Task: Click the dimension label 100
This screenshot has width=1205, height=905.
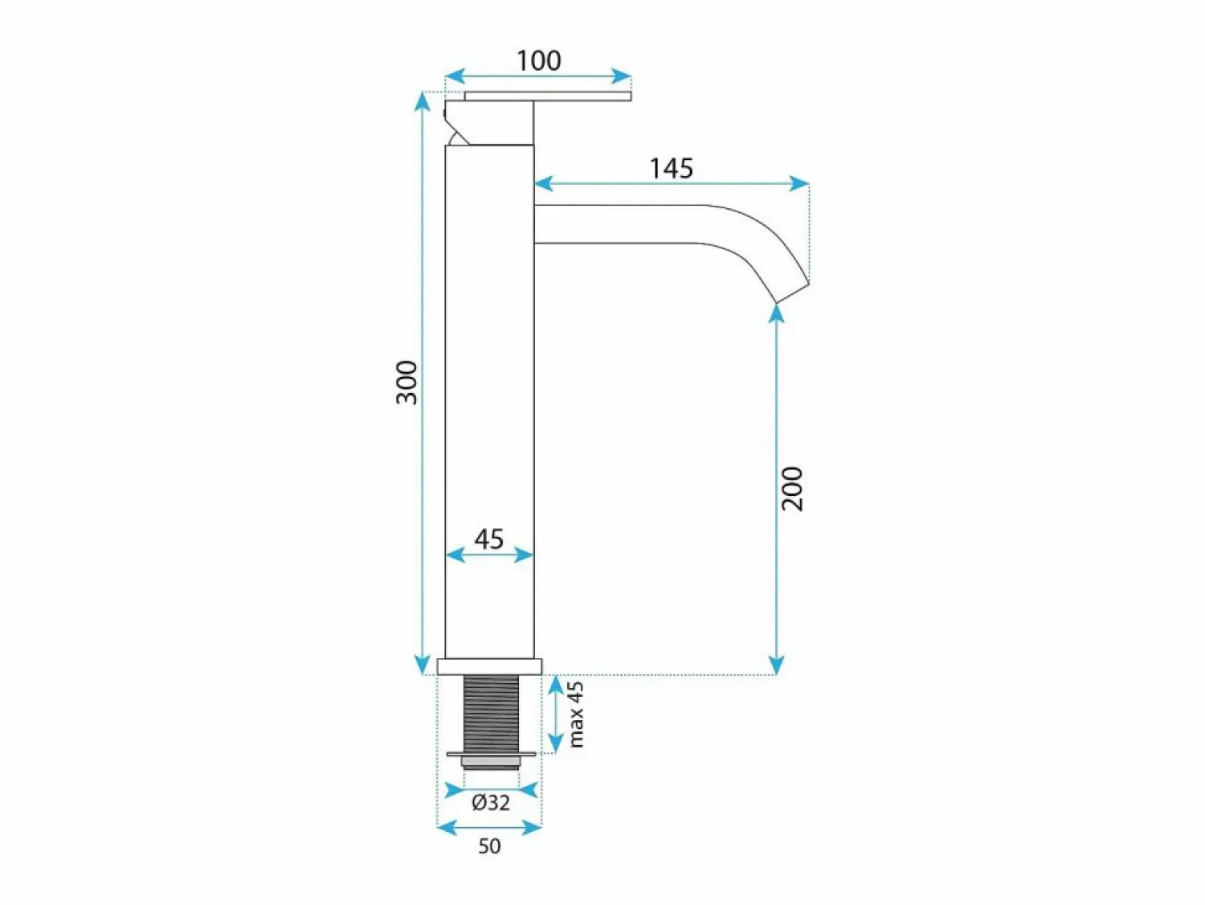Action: [538, 61]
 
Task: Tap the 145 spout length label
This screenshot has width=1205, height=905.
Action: [671, 168]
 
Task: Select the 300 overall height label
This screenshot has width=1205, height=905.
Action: [406, 383]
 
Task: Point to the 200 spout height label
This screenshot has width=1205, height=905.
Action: [791, 489]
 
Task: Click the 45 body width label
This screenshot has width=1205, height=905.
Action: [488, 539]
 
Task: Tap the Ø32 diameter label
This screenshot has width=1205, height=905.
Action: [490, 802]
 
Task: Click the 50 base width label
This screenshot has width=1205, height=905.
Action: [489, 846]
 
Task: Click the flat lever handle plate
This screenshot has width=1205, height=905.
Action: [548, 96]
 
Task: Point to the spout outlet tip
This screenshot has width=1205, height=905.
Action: [792, 293]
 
